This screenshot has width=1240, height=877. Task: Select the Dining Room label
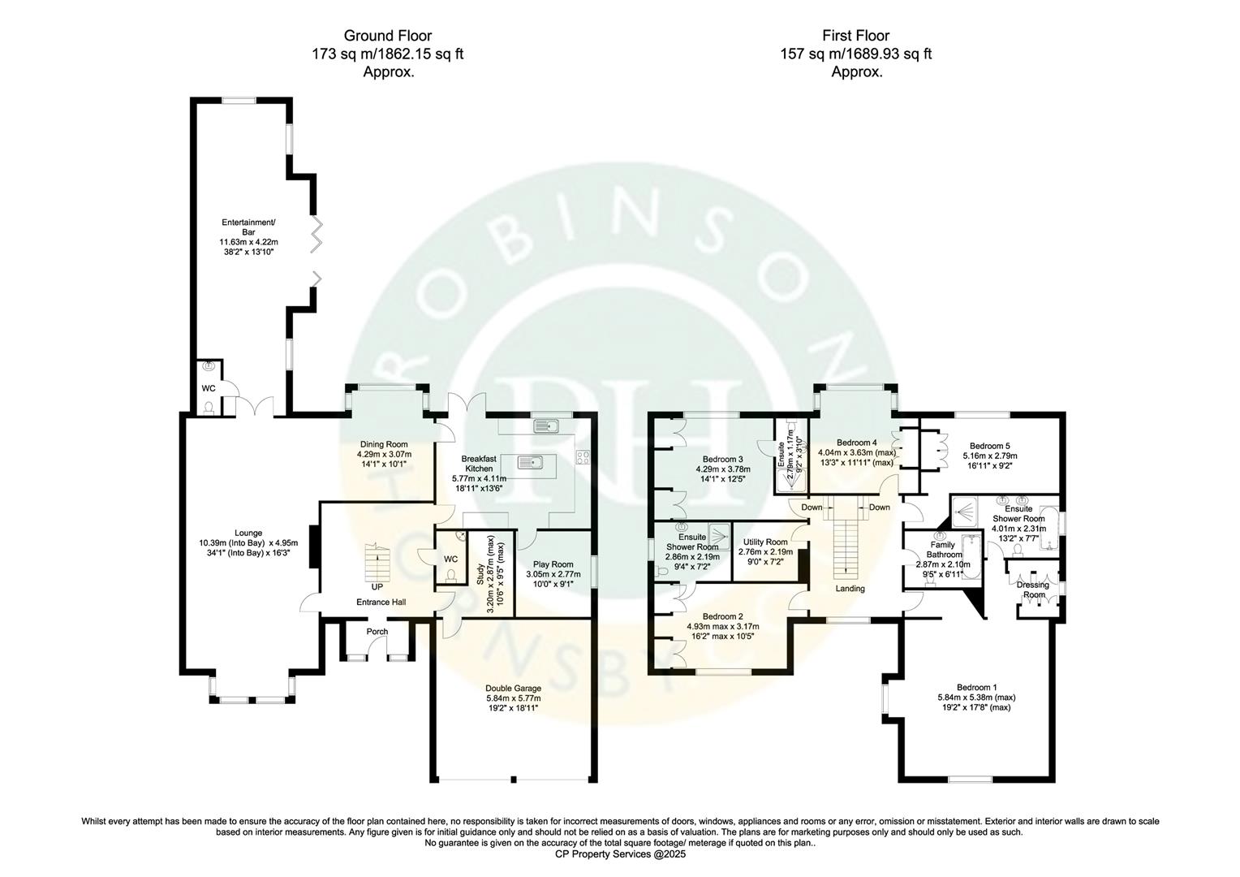(384, 444)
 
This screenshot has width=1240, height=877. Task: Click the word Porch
(377, 632)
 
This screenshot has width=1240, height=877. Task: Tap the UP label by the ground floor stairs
(377, 586)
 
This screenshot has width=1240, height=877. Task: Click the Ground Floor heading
(387, 36)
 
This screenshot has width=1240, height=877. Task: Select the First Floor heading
(855, 36)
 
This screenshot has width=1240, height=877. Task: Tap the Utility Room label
(765, 542)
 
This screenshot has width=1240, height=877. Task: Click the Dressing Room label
(1033, 590)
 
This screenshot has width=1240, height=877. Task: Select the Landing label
(850, 589)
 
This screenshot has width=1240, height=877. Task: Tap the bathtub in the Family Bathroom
(971, 555)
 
